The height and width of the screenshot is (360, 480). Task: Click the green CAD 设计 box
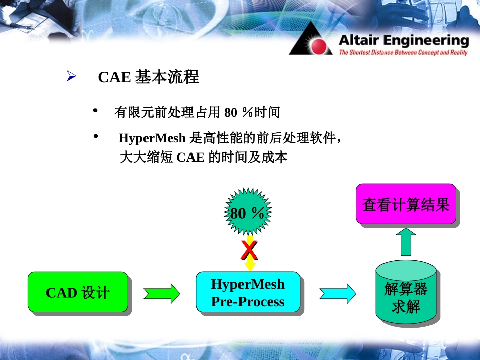77,292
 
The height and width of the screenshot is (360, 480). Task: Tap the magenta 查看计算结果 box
406,204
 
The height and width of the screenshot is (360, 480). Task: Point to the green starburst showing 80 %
248,212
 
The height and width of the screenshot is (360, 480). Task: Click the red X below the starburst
249,250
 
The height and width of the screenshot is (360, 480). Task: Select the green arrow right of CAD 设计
162,293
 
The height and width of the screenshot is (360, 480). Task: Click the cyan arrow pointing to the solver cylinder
338,293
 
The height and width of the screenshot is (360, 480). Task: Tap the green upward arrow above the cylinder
406,242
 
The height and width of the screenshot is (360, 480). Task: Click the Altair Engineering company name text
403,40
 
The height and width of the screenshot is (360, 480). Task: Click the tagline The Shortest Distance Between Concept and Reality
403,53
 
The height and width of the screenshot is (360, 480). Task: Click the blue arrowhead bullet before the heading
71,77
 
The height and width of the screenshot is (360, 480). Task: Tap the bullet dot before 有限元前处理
95,110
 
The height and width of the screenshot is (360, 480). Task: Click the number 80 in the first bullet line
231,112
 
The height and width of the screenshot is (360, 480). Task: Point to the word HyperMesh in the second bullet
152,138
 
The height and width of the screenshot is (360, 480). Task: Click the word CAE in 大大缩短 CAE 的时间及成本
190,158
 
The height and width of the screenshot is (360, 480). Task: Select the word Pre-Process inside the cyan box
248,302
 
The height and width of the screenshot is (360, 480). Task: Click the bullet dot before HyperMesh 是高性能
95,136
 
